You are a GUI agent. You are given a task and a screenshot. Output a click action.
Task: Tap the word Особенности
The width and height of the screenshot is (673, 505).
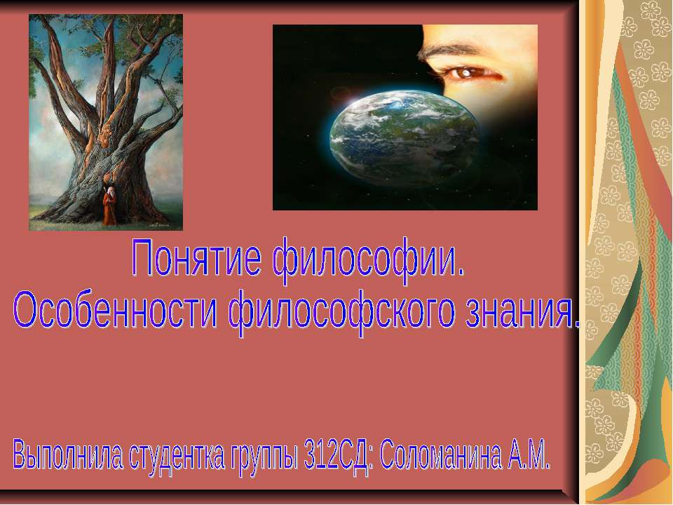click(115, 310)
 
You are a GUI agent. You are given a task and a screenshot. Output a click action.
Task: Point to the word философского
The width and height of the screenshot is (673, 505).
click(341, 313)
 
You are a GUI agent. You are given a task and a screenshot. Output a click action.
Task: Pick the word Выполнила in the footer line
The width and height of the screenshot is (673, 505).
click(67, 455)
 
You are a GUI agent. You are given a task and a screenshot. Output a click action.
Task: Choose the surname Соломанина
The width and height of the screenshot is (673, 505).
click(440, 455)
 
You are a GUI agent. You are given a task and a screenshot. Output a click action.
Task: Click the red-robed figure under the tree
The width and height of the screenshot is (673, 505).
click(110, 205)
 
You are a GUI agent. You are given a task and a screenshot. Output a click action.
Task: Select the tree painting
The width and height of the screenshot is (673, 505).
click(106, 122)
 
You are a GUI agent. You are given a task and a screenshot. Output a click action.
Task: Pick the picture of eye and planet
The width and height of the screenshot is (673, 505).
click(405, 117)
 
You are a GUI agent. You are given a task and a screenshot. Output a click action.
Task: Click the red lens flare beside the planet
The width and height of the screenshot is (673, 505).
click(341, 93)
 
